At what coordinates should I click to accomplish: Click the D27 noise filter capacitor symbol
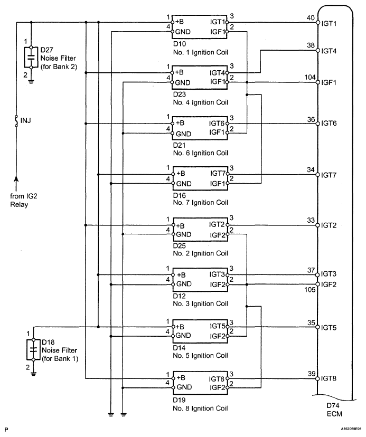(31, 58)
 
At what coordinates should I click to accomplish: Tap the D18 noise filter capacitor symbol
(33, 349)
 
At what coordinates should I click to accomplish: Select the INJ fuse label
(26, 121)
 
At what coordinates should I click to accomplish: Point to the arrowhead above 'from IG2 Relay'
(16, 180)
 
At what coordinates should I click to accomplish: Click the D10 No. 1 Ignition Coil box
(200, 27)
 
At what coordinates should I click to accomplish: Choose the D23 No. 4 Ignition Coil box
(200, 78)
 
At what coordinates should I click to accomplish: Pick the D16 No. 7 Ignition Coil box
(200, 178)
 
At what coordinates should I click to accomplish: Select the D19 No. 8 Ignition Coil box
(201, 383)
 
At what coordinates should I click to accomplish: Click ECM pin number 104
(310, 77)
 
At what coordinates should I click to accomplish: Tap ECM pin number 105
(309, 290)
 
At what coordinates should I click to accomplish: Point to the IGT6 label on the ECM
(329, 123)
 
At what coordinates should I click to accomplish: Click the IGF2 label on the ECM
(329, 284)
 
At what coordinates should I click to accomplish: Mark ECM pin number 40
(311, 18)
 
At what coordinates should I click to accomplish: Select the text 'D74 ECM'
(334, 410)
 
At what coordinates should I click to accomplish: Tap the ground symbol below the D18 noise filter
(33, 374)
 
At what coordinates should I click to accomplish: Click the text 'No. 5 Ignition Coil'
(200, 356)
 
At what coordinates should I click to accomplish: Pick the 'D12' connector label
(180, 296)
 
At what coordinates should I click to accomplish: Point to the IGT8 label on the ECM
(329, 378)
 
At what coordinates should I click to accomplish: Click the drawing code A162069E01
(351, 429)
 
